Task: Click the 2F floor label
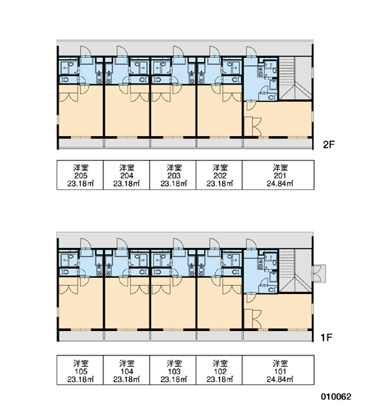tap(329, 145)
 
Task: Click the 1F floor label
tap(326, 337)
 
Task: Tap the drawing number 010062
tap(336, 397)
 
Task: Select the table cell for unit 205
tap(80, 175)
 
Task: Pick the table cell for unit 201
tap(278, 175)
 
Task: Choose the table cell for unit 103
tap(173, 370)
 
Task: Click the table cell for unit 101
tap(278, 370)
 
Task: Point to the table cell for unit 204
tap(126, 175)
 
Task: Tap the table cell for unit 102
tap(219, 370)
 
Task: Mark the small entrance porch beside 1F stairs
tap(319, 274)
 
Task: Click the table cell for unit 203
tap(173, 175)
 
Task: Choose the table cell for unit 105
tap(80, 370)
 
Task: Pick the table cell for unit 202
tap(219, 175)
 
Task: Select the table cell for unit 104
tap(126, 370)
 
